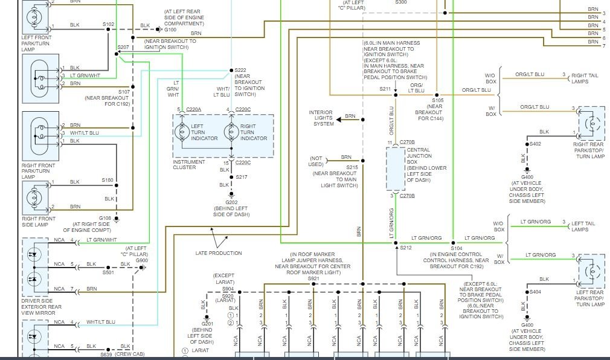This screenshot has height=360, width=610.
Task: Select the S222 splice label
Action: pos(240,70)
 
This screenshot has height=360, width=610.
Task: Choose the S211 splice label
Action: pos(385,89)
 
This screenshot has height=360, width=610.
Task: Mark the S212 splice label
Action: pos(405,248)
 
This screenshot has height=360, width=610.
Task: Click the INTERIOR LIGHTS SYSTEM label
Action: pos(321,118)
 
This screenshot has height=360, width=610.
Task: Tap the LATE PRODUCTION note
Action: pos(218,253)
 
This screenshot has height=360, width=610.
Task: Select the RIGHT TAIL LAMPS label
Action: pos(584,79)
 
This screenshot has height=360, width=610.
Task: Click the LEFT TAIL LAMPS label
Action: pos(583,226)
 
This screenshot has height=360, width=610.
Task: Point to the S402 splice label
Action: pos(535,144)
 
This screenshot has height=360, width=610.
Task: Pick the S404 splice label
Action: pos(535,292)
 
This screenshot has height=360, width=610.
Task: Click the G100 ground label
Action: pos(170,30)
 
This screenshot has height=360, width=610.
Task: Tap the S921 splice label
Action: pos(313,278)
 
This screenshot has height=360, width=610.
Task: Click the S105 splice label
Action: pos(438,100)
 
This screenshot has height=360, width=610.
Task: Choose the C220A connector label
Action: pos(193,109)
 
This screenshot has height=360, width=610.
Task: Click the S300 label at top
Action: pos(401,2)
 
